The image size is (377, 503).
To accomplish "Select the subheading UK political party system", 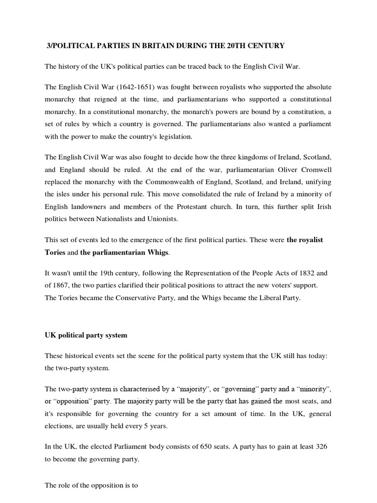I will coord(86,335).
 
